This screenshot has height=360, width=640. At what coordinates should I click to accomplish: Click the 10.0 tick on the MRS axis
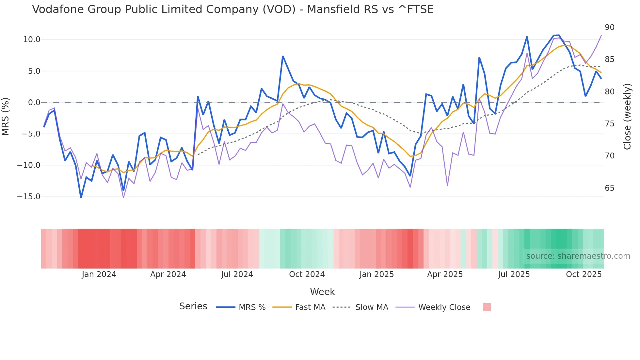pos(31,40)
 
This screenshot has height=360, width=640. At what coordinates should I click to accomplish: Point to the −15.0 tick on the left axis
pos(29,197)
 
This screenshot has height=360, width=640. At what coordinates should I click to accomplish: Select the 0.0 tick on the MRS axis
pos(34,103)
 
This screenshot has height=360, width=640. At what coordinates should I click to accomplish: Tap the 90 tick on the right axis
pos(610,27)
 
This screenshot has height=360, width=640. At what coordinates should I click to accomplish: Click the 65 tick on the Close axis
pos(610,188)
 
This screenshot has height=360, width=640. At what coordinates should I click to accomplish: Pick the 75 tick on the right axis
pos(610,124)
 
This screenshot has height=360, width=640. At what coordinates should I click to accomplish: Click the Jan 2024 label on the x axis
pos(99,274)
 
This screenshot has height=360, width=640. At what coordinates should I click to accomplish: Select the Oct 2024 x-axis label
pos(307,274)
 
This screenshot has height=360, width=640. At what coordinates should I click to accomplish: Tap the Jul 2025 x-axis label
pos(514,274)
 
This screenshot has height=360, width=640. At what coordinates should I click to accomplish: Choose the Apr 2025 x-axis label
pos(445,274)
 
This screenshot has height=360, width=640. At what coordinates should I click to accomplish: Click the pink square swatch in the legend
pos(487,307)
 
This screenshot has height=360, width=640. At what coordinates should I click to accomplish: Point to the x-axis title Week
pos(322,292)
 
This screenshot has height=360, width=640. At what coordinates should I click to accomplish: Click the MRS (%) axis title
pos(6,116)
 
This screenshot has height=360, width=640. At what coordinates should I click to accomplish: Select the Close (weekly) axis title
pos(627,117)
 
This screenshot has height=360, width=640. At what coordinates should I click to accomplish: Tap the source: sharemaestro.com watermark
pos(578,256)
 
